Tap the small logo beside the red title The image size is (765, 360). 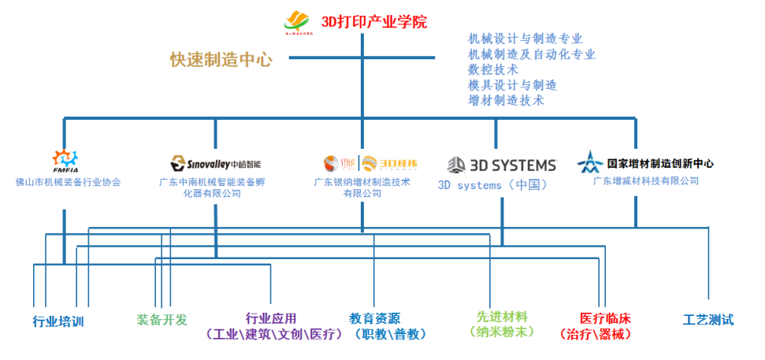pyautogui.click(x=298, y=22)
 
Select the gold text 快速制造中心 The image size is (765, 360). pyautogui.click(x=221, y=59)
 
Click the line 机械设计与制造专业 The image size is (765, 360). pyautogui.click(x=525, y=38)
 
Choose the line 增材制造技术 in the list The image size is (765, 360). pyautogui.click(x=506, y=101)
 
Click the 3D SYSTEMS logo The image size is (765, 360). pyautogui.click(x=502, y=165)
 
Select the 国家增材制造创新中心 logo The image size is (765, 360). pyautogui.click(x=645, y=163)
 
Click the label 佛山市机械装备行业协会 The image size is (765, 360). pyautogui.click(x=68, y=182)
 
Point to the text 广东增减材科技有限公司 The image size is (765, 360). pyautogui.click(x=645, y=181)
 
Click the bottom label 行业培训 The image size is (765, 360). pyautogui.click(x=58, y=321)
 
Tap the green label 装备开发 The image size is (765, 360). pyautogui.click(x=162, y=320)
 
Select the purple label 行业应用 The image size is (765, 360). pyautogui.click(x=271, y=319)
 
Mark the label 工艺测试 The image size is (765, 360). pyautogui.click(x=707, y=320)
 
